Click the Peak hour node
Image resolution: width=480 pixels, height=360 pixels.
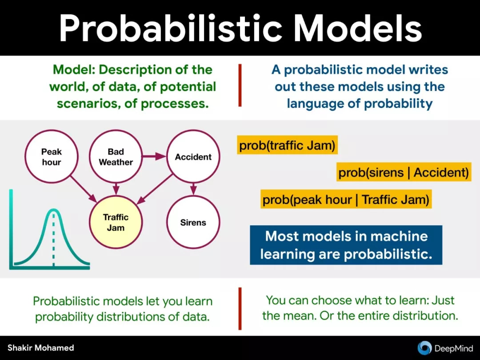pos(52,156)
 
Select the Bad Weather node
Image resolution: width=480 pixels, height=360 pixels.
pos(116,156)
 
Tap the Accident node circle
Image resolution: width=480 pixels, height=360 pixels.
pos(193,156)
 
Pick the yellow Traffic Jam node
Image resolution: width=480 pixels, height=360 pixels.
pos(116,222)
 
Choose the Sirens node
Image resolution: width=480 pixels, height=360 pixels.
pos(193,222)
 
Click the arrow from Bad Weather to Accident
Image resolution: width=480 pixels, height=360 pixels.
pos(154,156)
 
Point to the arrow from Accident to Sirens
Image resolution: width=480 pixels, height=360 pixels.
pos(193,189)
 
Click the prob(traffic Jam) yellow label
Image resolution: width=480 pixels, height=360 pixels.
pos(287,145)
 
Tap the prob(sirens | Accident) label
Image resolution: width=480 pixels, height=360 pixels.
pos(404,172)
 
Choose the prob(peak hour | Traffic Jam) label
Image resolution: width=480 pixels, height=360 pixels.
pos(346,199)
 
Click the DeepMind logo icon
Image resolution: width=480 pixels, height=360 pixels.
pos(424,348)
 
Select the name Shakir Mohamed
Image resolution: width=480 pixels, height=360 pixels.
pos(41,348)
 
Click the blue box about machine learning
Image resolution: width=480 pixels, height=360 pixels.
pos(346,245)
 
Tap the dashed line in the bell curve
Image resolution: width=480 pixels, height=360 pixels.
pos(54,239)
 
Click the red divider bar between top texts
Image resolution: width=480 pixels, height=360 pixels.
pos(240,85)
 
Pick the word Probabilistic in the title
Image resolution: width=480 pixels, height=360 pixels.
pos(170,28)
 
